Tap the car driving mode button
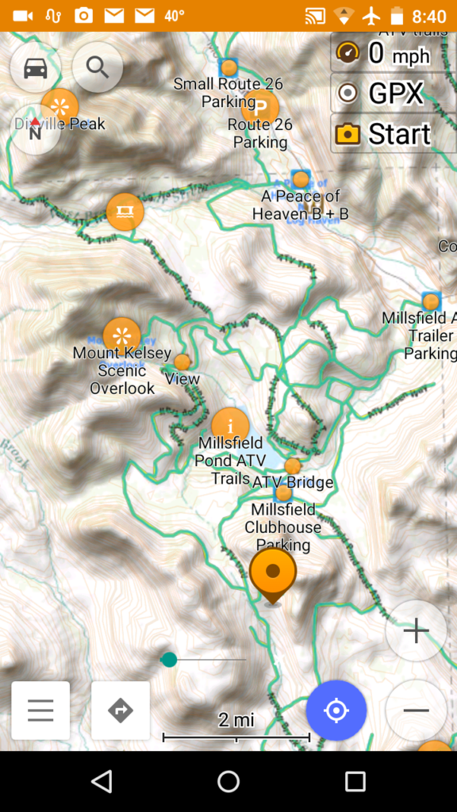pyautogui.click(x=35, y=68)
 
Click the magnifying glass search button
pyautogui.click(x=98, y=67)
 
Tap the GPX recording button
pyautogui.click(x=382, y=94)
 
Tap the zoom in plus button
pyautogui.click(x=416, y=630)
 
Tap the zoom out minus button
pyautogui.click(x=416, y=710)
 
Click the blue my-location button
pyautogui.click(x=336, y=710)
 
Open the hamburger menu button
pyautogui.click(x=40, y=710)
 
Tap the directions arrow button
pyautogui.click(x=121, y=710)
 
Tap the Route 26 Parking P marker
pyautogui.click(x=260, y=105)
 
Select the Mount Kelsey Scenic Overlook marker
pyautogui.click(x=122, y=335)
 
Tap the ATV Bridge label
pyautogui.click(x=293, y=481)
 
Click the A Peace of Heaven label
pyautogui.click(x=301, y=205)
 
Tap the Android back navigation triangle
pyautogui.click(x=102, y=782)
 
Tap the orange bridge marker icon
pyautogui.click(x=125, y=212)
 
